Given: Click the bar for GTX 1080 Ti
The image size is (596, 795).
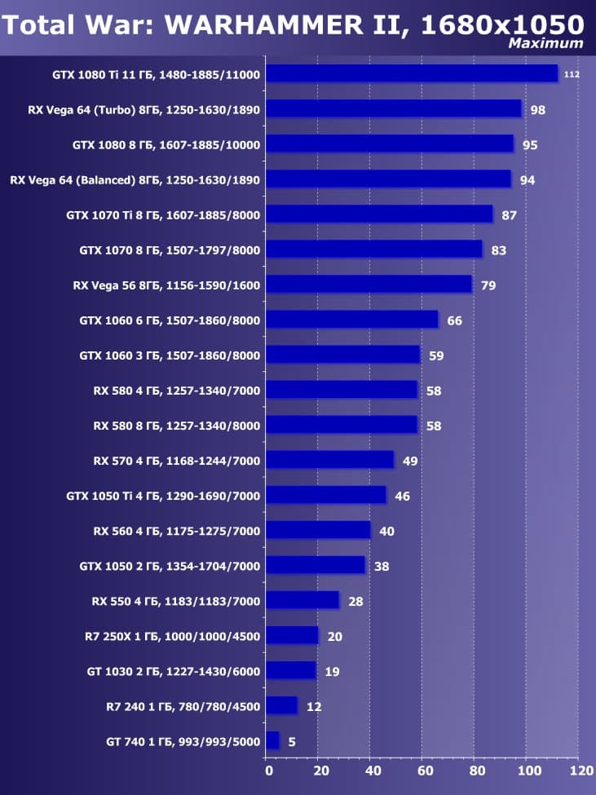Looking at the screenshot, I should point(412,74).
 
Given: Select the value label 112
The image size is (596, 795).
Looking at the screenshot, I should point(571,75).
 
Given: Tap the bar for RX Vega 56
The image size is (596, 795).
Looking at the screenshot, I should point(369,285).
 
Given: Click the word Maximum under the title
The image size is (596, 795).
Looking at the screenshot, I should point(545,43).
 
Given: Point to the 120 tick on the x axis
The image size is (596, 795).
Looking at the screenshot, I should point(580,770).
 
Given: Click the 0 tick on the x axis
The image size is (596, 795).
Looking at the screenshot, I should point(268,770).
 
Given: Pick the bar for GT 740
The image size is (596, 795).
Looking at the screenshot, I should point(272,740).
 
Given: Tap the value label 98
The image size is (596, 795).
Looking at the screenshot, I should point(537,110).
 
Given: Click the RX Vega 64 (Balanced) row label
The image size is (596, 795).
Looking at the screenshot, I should point(135,180).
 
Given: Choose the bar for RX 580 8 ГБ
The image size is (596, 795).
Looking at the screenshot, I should point(342,425).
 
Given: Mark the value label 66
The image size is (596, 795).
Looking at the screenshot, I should point(454,320).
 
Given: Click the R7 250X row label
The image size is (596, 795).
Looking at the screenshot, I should point(172,636).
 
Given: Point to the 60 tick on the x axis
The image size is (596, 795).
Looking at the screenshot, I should point(424,770).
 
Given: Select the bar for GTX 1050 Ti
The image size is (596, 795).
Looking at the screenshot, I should point(326,495).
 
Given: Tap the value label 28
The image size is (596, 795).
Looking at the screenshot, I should point(355,602).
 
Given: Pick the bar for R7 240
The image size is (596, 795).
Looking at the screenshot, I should point(281,705).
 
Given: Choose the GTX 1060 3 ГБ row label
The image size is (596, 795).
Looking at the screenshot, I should point(170,356).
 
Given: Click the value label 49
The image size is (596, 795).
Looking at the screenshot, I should point(409,461).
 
